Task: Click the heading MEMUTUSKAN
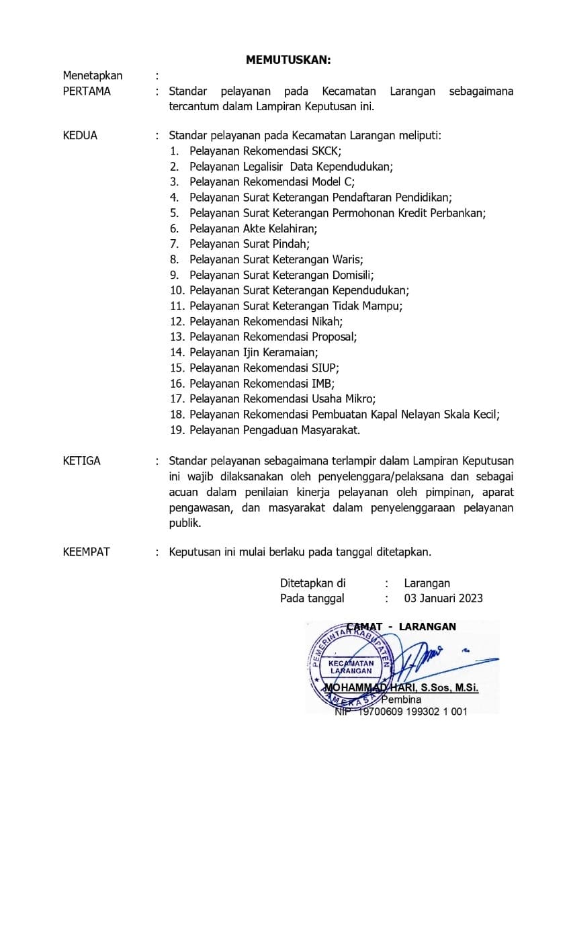288,60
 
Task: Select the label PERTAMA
87,91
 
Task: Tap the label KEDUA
80,135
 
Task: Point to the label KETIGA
81,461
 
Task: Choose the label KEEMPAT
86,552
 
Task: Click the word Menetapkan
93,75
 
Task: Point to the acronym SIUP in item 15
325,368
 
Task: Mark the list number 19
177,430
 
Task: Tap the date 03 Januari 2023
443,598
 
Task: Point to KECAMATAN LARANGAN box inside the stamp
351,667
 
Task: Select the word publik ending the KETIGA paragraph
185,523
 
